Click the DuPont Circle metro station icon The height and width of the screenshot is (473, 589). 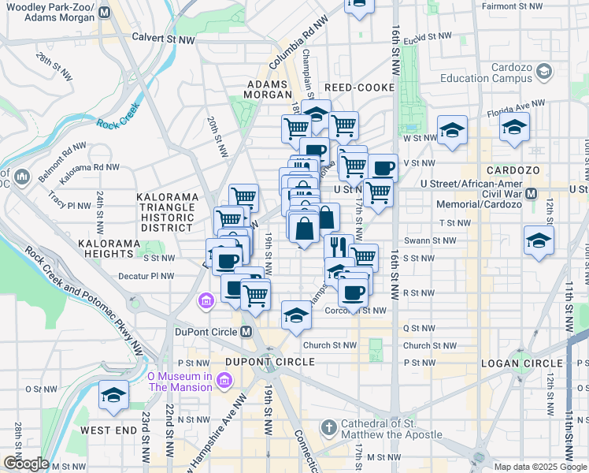tap(246, 332)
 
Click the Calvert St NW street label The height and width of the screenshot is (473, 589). tap(163, 37)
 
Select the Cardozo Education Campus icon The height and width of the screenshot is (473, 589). tap(544, 73)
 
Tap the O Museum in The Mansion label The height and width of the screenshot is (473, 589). tap(180, 382)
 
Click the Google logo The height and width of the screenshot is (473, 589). tap(26, 464)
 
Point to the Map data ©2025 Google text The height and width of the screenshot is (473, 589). tap(540, 467)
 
